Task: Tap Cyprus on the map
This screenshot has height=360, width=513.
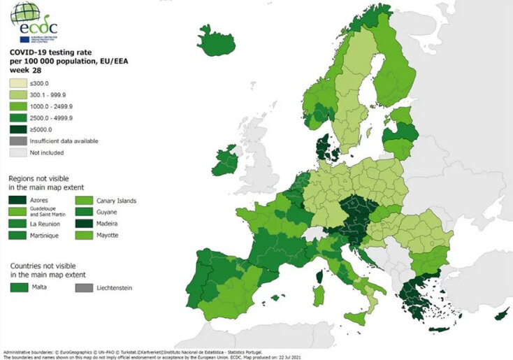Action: click(x=502, y=316)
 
